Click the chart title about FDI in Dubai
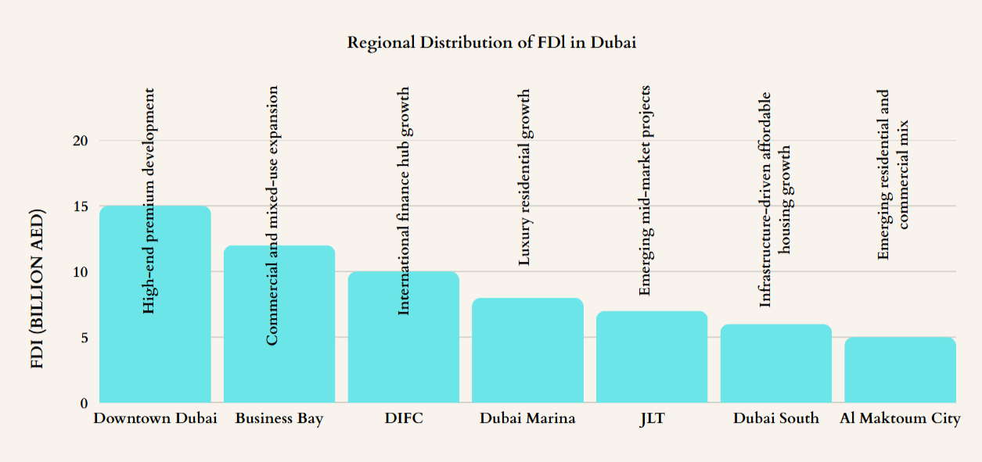[x=491, y=42]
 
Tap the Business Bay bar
[x=279, y=367]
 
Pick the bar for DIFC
[x=403, y=352]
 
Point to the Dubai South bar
[x=775, y=364]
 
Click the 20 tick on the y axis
[x=81, y=141]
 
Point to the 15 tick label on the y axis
[x=81, y=206]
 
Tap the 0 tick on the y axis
[x=84, y=403]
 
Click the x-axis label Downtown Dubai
[x=155, y=418]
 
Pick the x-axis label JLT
[x=652, y=418]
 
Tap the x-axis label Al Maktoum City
[x=900, y=418]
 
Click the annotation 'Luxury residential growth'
[x=525, y=177]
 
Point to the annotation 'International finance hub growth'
[x=404, y=201]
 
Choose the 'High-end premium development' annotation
[x=149, y=201]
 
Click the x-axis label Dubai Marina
[x=527, y=418]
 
